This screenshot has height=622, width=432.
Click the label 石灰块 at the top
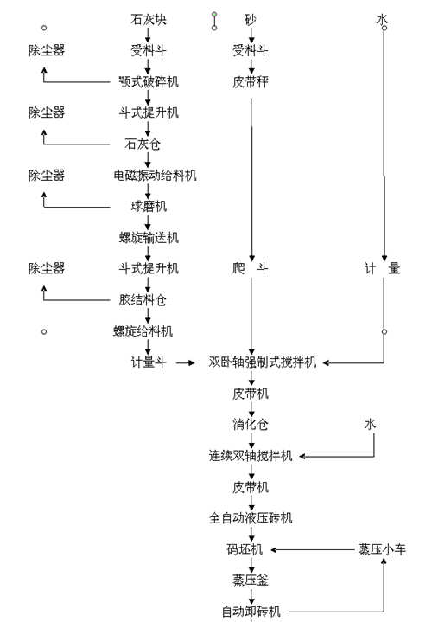pos(148,19)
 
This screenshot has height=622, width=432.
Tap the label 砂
pos(251,19)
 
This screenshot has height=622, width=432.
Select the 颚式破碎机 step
pos(149,82)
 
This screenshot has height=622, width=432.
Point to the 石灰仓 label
pos(149,144)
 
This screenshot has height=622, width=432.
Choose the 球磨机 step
pos(149,206)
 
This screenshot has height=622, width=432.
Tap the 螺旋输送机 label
pos(149,237)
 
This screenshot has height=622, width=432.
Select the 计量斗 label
pos(149,362)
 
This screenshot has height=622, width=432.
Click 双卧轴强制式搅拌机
pos(263,362)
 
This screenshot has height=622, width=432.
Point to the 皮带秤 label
pos(251,82)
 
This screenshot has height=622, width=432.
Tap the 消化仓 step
pos(251,424)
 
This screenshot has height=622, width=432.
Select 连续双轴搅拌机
pos(251,455)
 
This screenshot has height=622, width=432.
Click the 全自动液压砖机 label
pos(251,518)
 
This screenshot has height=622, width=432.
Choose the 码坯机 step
pos(251,549)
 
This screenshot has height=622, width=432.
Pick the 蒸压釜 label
pos(251,580)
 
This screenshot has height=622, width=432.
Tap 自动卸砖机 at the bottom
pos(251,612)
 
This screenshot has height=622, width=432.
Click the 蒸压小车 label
pos(381,549)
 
